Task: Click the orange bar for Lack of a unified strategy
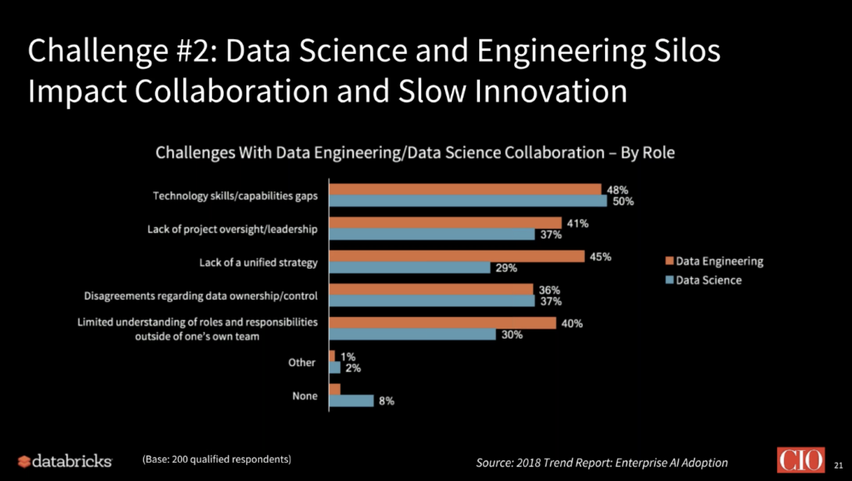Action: [x=457, y=256]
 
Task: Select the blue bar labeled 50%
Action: [x=468, y=201]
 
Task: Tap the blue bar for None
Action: [x=351, y=400]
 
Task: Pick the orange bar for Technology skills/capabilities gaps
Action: [x=465, y=189]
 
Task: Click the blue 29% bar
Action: [x=409, y=268]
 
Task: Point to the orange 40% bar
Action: [x=443, y=323]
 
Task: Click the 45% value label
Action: [x=601, y=256]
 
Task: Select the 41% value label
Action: [x=577, y=223]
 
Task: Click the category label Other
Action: [x=302, y=363]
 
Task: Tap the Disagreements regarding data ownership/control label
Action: [x=200, y=295]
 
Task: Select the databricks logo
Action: [x=64, y=460]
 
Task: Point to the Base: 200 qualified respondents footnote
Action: [x=217, y=459]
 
